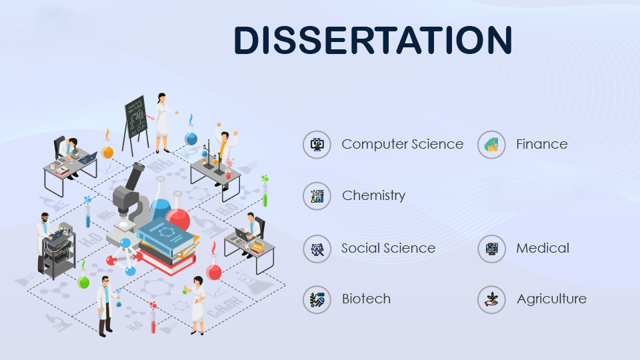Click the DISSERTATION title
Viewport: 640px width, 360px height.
point(373,39)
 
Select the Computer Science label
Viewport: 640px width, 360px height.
point(403,144)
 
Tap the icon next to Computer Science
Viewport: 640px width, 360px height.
point(317,145)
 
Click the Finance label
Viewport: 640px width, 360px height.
point(541,144)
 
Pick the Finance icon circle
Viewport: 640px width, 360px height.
point(491,145)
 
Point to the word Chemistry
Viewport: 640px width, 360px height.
point(373,195)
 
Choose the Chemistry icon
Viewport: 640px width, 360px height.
point(317,196)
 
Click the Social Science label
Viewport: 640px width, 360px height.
point(388,248)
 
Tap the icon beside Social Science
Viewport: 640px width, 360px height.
point(317,249)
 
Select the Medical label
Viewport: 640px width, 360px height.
point(543,248)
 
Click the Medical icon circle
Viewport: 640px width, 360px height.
point(491,249)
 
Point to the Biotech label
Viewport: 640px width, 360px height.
point(366,299)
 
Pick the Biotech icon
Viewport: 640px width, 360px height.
point(317,299)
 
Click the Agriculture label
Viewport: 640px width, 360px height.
point(551,299)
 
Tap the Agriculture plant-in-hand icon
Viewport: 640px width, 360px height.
point(491,299)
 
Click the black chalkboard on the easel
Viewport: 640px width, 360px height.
point(135,117)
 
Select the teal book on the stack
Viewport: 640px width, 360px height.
point(166,236)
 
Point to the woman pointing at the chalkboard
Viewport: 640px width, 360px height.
point(163,123)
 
